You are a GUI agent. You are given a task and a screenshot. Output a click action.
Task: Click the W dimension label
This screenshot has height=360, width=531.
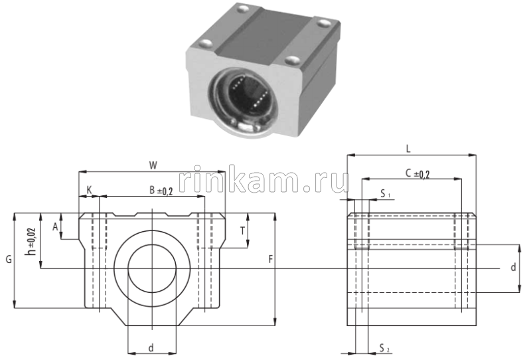pos(153,163)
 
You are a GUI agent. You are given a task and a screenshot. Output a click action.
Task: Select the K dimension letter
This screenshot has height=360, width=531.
pos(89,190)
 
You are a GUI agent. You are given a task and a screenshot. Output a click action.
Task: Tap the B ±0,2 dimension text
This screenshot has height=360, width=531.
pos(161,191)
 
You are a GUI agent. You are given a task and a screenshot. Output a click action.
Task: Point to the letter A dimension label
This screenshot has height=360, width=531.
pos(55,226)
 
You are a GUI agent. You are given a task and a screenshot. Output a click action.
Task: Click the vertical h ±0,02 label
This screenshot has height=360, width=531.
pos(30,241)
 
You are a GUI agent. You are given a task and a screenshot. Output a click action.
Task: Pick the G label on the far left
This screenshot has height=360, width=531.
pos(7,260)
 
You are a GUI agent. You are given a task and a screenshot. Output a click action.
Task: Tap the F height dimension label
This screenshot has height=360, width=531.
pos(269,259)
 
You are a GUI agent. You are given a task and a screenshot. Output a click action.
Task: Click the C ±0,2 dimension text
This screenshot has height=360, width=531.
pos(417,174)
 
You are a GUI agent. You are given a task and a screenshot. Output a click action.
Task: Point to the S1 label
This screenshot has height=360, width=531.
pos(385,194)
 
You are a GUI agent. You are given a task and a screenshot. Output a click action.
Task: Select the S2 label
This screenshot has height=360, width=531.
pos(384,347)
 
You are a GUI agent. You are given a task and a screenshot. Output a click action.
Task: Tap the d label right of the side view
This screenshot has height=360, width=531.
pos(513,267)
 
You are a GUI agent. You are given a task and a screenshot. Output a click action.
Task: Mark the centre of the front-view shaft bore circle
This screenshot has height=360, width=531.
pos(152,268)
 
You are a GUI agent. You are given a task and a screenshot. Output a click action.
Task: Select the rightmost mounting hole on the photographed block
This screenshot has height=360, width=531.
pos(325,24)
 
